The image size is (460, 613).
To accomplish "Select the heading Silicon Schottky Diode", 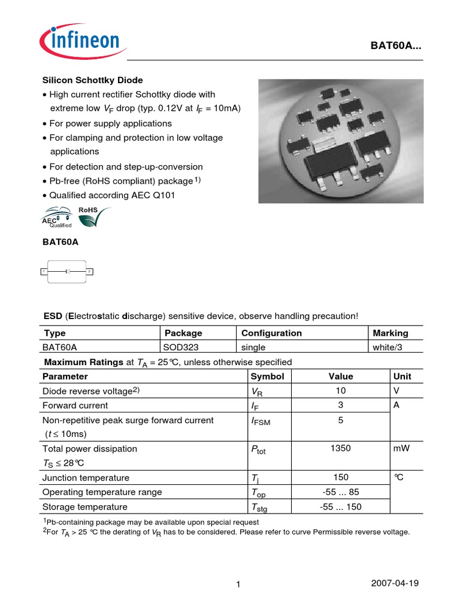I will (92, 80).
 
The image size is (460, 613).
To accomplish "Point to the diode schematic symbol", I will (66, 272).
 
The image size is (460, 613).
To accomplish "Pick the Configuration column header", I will (271, 333).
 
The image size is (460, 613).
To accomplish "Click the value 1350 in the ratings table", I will (340, 448).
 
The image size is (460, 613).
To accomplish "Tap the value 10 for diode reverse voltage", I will (340, 391).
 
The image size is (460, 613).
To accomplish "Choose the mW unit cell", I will (402, 448).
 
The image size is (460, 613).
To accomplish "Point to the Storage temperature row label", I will (84, 506).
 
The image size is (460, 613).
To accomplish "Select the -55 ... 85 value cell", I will (340, 492).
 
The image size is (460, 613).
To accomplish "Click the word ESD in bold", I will (53, 315).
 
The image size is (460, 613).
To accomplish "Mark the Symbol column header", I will (267, 377).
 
